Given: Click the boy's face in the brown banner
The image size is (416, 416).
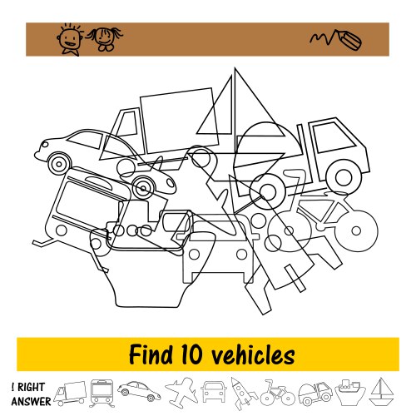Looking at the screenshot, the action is coord(70,38).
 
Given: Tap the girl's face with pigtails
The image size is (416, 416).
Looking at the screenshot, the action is coord(105,38).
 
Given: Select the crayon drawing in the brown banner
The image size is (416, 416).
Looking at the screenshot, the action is coord(336,40).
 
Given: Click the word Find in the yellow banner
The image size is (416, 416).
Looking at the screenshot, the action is coord(151,354).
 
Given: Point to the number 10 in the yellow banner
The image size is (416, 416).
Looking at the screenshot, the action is coord(191,354).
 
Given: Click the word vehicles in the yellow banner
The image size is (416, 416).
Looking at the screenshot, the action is coord(253,354).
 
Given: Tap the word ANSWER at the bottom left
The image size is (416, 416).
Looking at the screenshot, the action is coord(31,401).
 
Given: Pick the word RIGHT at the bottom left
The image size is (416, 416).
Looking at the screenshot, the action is coord(31,387).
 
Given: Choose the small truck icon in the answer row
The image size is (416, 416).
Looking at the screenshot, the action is coord(70,394).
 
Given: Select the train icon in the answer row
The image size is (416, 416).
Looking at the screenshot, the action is coord(102,394).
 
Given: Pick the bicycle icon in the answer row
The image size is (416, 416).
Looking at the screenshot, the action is coord(277,394).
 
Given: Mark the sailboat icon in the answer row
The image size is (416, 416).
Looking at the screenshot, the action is coord(382,393).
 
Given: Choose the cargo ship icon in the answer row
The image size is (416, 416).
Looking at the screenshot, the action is coord(350,393).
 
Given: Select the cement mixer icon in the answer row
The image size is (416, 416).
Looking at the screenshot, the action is coord(315,394).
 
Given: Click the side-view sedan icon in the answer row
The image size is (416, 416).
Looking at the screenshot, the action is coord(139,391).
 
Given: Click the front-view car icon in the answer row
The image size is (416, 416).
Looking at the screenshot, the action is coord(214,392).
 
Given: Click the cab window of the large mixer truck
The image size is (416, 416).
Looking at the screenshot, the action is coord(334,137).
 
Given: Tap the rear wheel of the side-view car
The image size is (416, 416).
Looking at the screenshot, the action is coord(59,164).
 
